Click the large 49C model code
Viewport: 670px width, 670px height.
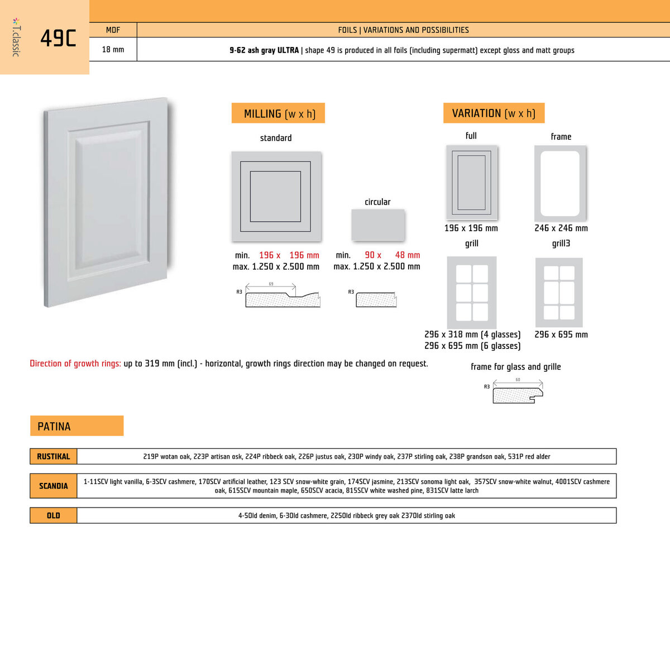[x=58, y=38]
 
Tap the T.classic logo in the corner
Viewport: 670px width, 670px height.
[x=16, y=37]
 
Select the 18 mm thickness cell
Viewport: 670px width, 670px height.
[x=113, y=50]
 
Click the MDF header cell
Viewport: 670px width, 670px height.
[x=113, y=30]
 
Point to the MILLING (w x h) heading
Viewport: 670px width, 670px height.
[x=279, y=113]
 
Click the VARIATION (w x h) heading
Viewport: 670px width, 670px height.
[x=494, y=113]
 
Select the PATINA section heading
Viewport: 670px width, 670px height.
[x=76, y=426]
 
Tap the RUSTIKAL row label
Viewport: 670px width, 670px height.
[x=54, y=456]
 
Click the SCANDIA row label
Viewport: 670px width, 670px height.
[x=54, y=486]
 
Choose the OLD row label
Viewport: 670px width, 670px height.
[x=54, y=515]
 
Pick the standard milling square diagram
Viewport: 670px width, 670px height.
[x=276, y=197]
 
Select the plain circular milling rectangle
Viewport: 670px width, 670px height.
[x=377, y=224]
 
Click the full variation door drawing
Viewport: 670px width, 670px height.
[x=472, y=183]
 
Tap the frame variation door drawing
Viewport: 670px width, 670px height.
[x=560, y=183]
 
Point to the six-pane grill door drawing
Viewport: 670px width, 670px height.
[x=472, y=293]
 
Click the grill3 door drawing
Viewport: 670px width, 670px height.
[x=559, y=293]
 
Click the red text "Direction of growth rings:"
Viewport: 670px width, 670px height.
[x=75, y=363]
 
